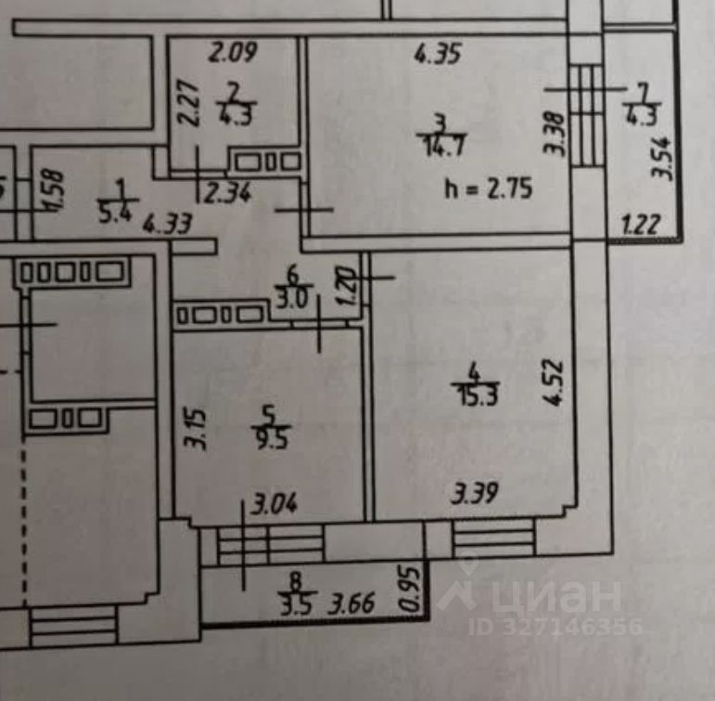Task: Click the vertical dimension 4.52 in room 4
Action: (553, 374)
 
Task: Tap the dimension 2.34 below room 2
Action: (227, 195)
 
